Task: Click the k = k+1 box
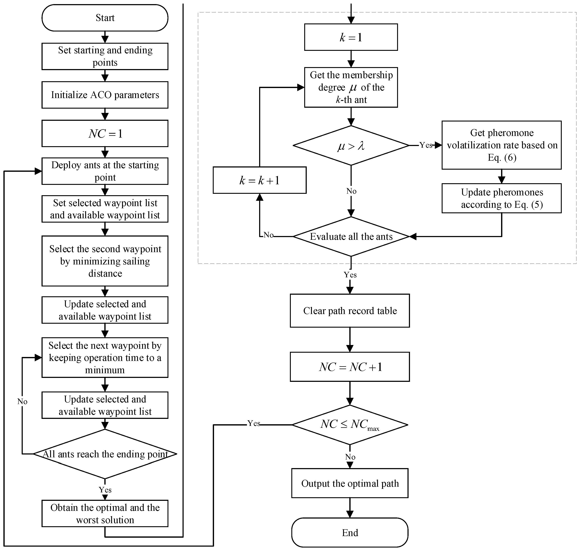tap(259, 180)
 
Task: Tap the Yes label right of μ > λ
tap(426, 145)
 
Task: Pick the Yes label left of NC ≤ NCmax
tap(253, 423)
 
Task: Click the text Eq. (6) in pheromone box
tap(502, 158)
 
